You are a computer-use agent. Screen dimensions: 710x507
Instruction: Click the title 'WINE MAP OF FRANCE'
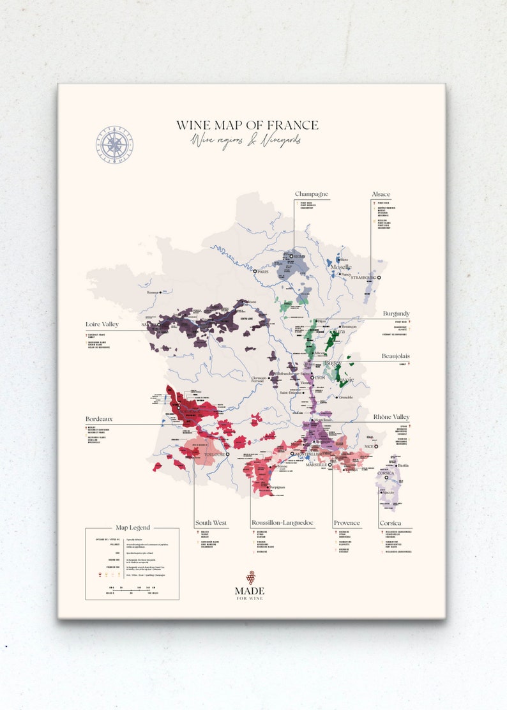click(247, 125)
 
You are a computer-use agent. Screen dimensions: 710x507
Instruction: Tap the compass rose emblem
click(116, 144)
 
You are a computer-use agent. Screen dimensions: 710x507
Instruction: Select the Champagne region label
click(311, 194)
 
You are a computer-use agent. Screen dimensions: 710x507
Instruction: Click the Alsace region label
click(381, 194)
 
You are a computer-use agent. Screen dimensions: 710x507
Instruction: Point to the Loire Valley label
click(102, 324)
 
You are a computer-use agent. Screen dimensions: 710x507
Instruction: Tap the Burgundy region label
click(396, 313)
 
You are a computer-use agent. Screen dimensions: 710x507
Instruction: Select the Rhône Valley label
click(391, 417)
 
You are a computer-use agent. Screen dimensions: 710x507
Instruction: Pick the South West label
click(211, 523)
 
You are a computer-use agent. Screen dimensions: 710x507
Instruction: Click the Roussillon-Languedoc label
click(282, 523)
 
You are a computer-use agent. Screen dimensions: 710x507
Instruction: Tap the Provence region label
click(347, 523)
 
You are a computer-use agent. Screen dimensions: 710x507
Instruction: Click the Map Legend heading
click(133, 527)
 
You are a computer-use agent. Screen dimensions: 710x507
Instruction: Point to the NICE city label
click(367, 446)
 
